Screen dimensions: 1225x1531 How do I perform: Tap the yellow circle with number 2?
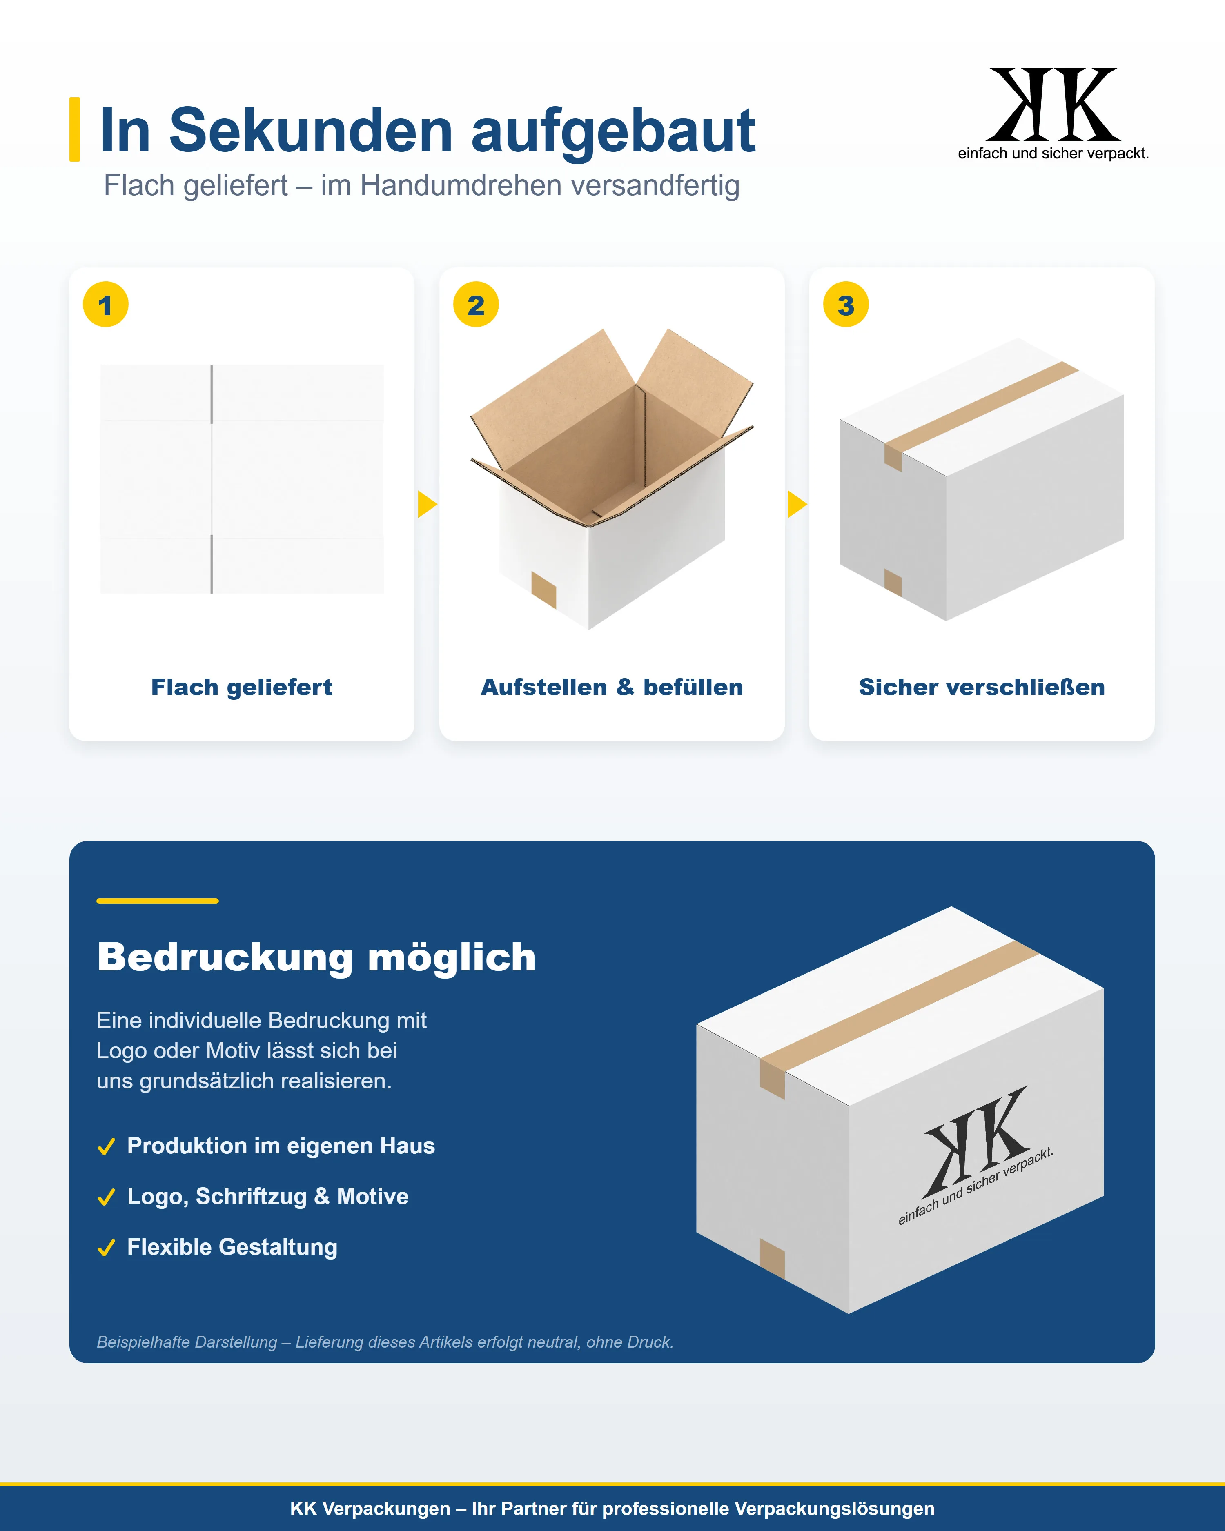click(476, 305)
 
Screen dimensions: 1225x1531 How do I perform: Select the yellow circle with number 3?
click(846, 305)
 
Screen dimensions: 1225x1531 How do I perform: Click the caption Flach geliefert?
click(241, 688)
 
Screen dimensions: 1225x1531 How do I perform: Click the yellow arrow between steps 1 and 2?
click(427, 504)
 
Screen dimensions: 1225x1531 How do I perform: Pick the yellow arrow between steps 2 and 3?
click(797, 504)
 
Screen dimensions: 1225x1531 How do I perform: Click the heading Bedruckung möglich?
click(316, 957)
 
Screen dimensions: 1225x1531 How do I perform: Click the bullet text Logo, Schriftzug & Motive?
click(268, 1197)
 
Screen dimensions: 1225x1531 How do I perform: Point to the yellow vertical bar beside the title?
click(75, 129)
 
